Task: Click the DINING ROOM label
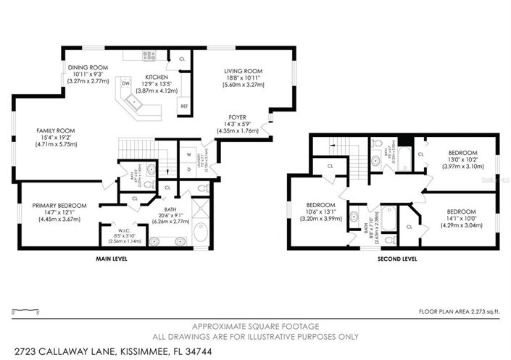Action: tap(88, 67)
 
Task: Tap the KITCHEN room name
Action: tap(157, 77)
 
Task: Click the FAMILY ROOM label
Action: tap(56, 130)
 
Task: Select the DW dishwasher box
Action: tap(126, 83)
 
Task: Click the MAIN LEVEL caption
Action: tap(112, 258)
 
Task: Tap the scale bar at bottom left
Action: tap(25, 311)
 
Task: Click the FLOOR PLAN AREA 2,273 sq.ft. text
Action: tap(460, 311)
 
